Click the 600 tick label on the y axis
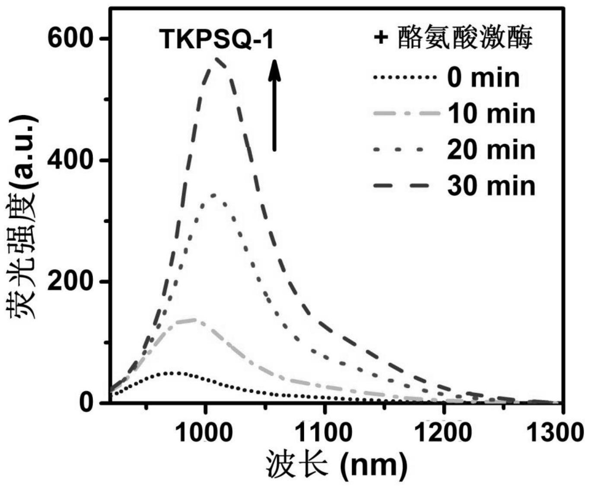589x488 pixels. pyautogui.click(x=70, y=38)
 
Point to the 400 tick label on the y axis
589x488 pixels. pyautogui.click(x=70, y=160)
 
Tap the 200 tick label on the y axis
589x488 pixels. pyautogui.click(x=70, y=281)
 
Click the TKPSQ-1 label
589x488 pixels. pyautogui.click(x=216, y=39)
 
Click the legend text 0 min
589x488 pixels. pyautogui.click(x=483, y=78)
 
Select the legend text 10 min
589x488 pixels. pyautogui.click(x=491, y=114)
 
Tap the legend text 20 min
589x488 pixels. pyautogui.click(x=491, y=150)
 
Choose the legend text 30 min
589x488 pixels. pyautogui.click(x=491, y=186)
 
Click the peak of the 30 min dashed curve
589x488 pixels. pyautogui.click(x=216, y=58)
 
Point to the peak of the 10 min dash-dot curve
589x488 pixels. pyautogui.click(x=194, y=319)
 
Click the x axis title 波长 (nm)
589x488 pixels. pyautogui.click(x=337, y=465)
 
